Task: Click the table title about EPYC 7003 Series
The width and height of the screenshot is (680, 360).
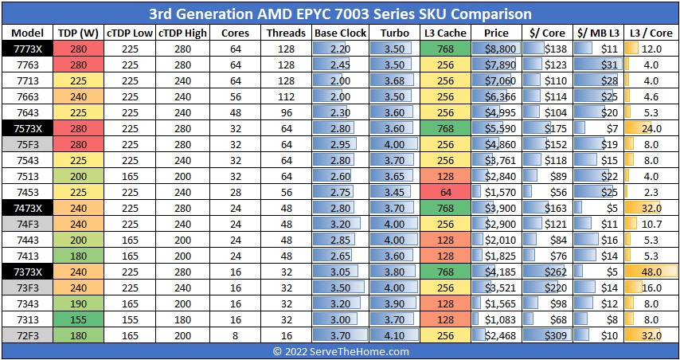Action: click(340, 14)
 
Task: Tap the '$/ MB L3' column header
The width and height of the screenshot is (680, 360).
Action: click(597, 33)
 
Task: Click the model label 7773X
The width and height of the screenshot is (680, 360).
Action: click(26, 49)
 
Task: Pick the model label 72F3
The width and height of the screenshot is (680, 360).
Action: click(26, 335)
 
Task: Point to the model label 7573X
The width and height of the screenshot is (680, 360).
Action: click(26, 128)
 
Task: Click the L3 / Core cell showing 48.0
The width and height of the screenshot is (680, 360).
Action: click(651, 272)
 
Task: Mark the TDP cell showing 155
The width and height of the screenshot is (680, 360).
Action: click(77, 319)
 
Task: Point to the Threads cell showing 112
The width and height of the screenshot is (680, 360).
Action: click(287, 96)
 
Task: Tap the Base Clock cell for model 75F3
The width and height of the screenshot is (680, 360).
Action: click(340, 144)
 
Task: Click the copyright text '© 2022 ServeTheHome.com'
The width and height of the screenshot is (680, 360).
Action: click(340, 351)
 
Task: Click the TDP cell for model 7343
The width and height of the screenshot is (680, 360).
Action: click(77, 303)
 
